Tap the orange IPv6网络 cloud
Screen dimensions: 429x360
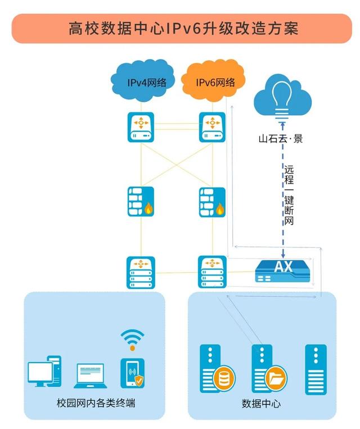214,80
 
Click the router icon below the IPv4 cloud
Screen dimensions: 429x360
140,127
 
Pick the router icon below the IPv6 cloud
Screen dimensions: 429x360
212,127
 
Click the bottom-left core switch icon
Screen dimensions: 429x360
140,272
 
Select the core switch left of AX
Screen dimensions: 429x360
212,272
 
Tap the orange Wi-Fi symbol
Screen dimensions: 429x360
132,340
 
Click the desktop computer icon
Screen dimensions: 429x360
44,371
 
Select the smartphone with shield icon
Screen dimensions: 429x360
133,373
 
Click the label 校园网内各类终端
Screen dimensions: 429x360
96,403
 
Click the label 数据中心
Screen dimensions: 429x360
261,403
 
